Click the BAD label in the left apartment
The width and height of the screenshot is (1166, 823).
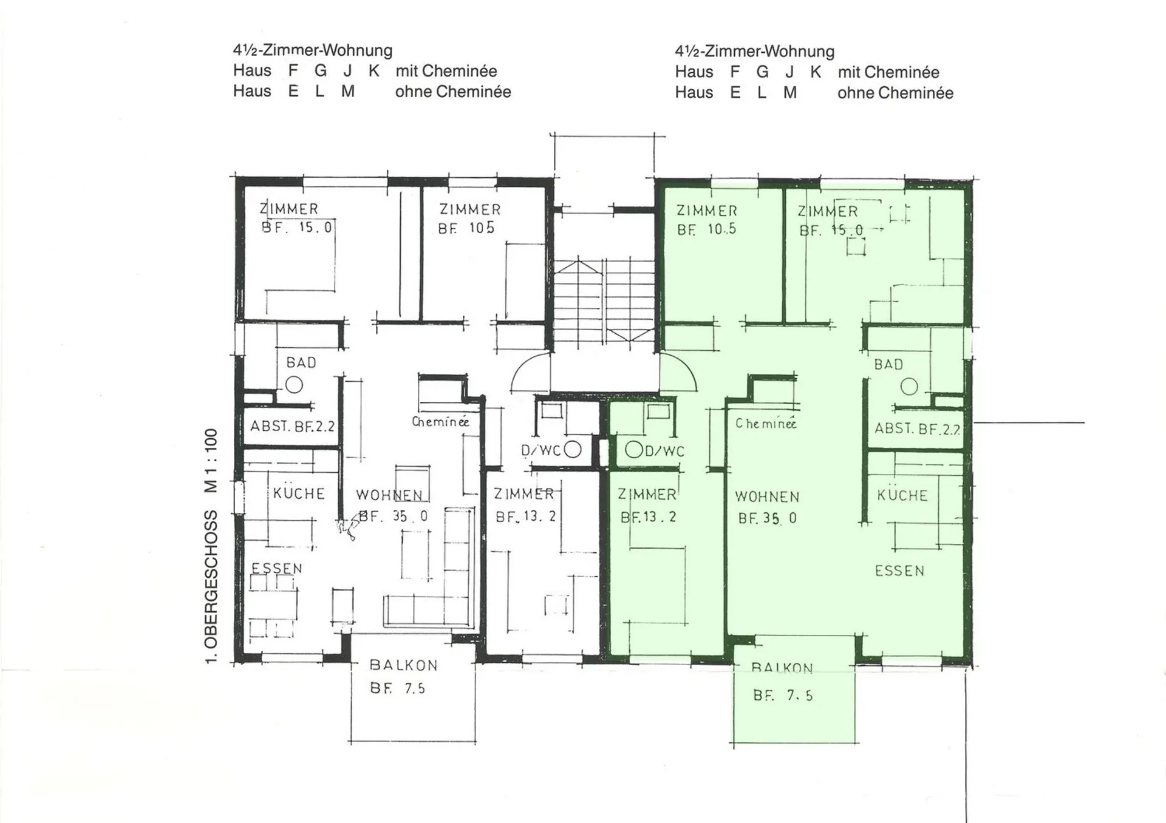pyautogui.click(x=301, y=362)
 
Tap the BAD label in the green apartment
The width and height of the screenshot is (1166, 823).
pyautogui.click(x=888, y=365)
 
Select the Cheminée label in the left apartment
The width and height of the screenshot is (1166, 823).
pyautogui.click(x=440, y=421)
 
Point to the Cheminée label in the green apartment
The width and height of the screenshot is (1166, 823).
pyautogui.click(x=766, y=423)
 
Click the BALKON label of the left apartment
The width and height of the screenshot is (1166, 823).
pyautogui.click(x=404, y=665)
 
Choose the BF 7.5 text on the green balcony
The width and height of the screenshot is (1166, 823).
pyautogui.click(x=783, y=696)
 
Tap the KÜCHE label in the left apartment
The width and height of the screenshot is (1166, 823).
pyautogui.click(x=299, y=493)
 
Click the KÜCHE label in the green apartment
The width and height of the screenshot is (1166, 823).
pyautogui.click(x=902, y=495)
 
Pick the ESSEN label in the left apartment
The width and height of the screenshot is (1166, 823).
pyautogui.click(x=277, y=568)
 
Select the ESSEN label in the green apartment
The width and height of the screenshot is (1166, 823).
pyautogui.click(x=899, y=571)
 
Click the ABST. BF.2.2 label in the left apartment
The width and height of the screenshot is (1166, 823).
pyautogui.click(x=293, y=426)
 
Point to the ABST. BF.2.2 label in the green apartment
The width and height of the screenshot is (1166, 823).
pyautogui.click(x=917, y=429)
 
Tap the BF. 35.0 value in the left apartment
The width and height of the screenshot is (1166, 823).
pyautogui.click(x=394, y=516)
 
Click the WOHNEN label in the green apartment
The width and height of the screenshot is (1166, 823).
pyautogui.click(x=767, y=496)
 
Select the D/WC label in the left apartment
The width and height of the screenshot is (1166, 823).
pyautogui.click(x=540, y=450)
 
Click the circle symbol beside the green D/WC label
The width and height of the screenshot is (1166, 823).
pyautogui.click(x=634, y=450)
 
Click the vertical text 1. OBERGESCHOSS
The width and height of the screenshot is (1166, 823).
pyautogui.click(x=211, y=586)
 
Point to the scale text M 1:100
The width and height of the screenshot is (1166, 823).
pyautogui.click(x=211, y=460)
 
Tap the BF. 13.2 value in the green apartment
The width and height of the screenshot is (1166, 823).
pyautogui.click(x=648, y=517)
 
